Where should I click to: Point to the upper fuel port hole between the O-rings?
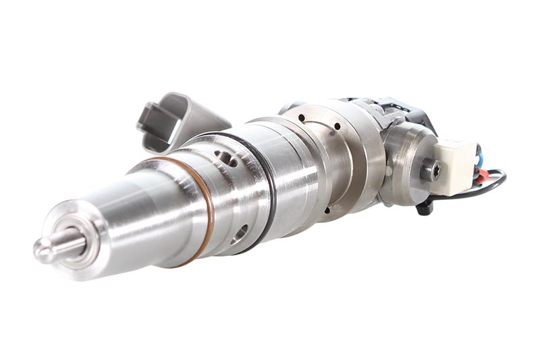click(227, 159)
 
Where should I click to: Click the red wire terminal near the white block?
click(481, 178)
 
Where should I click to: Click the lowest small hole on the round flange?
click(327, 210)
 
